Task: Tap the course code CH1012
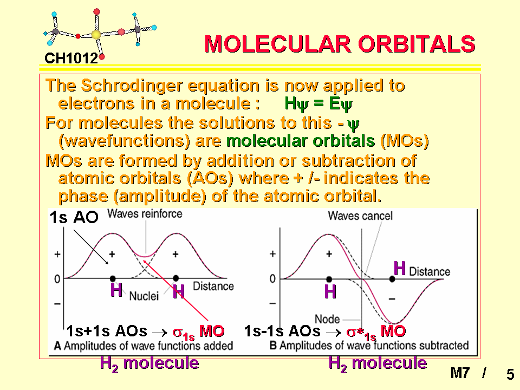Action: (x=71, y=58)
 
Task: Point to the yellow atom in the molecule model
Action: (x=96, y=34)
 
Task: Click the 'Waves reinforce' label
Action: (x=145, y=214)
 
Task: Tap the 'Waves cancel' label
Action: (x=360, y=216)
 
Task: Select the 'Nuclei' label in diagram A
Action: (x=144, y=296)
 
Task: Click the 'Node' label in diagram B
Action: (x=327, y=319)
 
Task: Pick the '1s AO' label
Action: (x=74, y=218)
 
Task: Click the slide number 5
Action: (x=510, y=374)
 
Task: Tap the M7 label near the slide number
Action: (x=460, y=373)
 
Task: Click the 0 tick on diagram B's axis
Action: (x=272, y=278)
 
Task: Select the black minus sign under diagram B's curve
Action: (x=392, y=299)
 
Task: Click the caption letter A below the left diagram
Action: (x=57, y=346)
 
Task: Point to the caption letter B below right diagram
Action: (x=273, y=346)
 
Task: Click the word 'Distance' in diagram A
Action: (x=213, y=286)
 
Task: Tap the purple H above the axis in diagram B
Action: (x=400, y=268)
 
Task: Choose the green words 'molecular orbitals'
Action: (x=301, y=141)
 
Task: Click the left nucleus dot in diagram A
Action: (x=113, y=278)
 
